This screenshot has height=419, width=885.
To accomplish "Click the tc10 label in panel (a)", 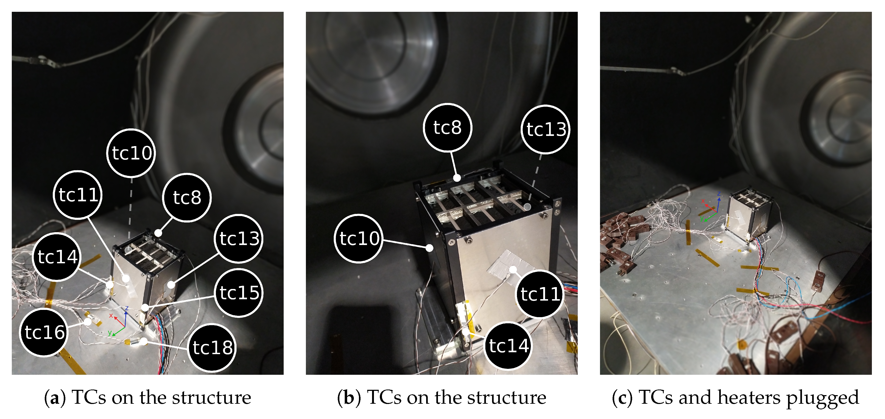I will click(x=131, y=153).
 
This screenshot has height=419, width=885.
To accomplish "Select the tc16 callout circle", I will click(x=44, y=332).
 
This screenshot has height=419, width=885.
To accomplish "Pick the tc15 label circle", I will click(x=239, y=293).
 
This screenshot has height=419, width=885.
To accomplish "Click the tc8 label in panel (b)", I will click(x=447, y=128).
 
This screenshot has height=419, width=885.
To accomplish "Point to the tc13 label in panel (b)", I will click(x=545, y=129).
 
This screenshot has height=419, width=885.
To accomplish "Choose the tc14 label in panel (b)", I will click(x=508, y=346).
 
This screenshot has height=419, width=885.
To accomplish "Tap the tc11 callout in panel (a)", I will click(x=78, y=195).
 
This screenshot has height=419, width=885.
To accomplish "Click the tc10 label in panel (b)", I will click(x=359, y=239).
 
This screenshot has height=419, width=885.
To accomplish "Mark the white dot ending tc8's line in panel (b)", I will click(x=457, y=178).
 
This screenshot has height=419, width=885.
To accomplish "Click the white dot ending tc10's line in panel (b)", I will click(x=429, y=248).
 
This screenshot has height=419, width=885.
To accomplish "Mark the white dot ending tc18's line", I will click(x=144, y=341).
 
